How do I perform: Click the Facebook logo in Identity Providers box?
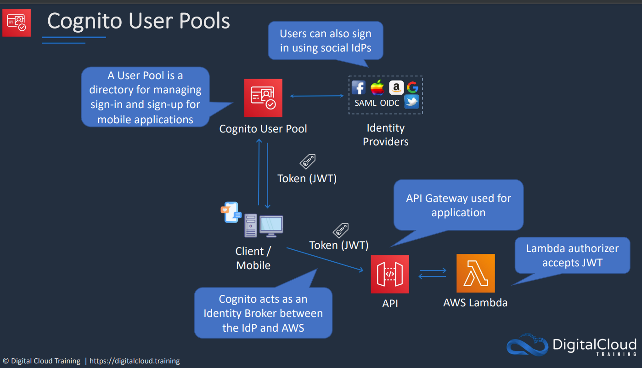pos(359,87)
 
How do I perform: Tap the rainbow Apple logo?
pos(377,87)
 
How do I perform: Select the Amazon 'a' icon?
pos(396,87)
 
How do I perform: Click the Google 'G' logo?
pos(413,87)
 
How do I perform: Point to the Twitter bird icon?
pos(411,102)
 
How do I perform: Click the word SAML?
pos(366,103)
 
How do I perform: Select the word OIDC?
pos(389,103)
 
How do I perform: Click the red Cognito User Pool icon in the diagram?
pos(263,98)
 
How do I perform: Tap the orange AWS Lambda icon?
pos(475,273)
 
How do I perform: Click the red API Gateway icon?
pos(390,274)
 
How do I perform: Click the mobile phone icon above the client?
pos(231,212)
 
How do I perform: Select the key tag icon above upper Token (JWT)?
pos(308,161)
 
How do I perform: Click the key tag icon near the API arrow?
pos(340,230)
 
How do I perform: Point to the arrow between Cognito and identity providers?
pos(317,96)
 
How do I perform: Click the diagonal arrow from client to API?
pos(325,259)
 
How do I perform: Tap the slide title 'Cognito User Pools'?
pos(139,21)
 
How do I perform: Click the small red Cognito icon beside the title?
pos(17,23)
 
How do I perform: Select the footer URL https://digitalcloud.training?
pos(135,361)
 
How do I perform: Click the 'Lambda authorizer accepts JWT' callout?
pos(572,255)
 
